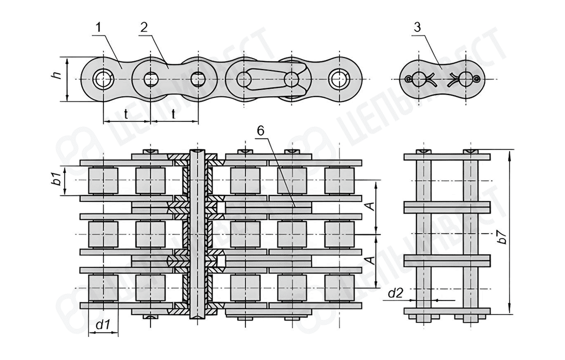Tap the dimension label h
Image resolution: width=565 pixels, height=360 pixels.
pos(57,76)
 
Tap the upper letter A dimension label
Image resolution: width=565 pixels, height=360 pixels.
pos(370,206)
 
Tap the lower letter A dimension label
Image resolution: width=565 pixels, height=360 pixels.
pos(370,260)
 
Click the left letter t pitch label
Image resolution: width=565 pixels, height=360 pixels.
pos(125,114)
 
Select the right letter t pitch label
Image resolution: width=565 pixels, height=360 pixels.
pos(173,114)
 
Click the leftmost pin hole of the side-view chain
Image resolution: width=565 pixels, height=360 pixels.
pos(103,78)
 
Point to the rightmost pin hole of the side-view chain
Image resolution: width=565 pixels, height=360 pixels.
pos(339,78)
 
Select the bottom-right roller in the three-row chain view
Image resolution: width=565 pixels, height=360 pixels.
pos(339,287)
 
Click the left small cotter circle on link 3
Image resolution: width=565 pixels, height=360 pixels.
pos(409,78)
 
